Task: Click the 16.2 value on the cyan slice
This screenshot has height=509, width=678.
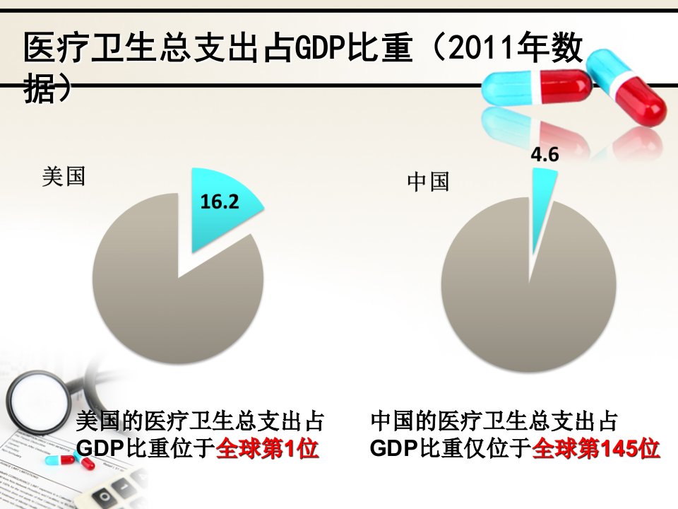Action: pyautogui.click(x=220, y=201)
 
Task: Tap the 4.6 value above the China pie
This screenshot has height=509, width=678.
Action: pyautogui.click(x=545, y=154)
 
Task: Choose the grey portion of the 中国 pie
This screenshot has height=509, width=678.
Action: pyautogui.click(x=528, y=303)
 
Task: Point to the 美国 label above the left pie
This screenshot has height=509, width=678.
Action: pyautogui.click(x=64, y=177)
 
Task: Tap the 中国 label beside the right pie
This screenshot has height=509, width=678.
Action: pyautogui.click(x=428, y=182)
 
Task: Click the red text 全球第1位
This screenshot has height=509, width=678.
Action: pyautogui.click(x=267, y=448)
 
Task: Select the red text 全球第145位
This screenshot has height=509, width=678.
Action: pyautogui.click(x=595, y=448)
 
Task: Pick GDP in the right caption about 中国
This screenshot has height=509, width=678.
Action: pyautogui.click(x=394, y=448)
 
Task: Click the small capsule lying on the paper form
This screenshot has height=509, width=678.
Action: pyautogui.click(x=69, y=460)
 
